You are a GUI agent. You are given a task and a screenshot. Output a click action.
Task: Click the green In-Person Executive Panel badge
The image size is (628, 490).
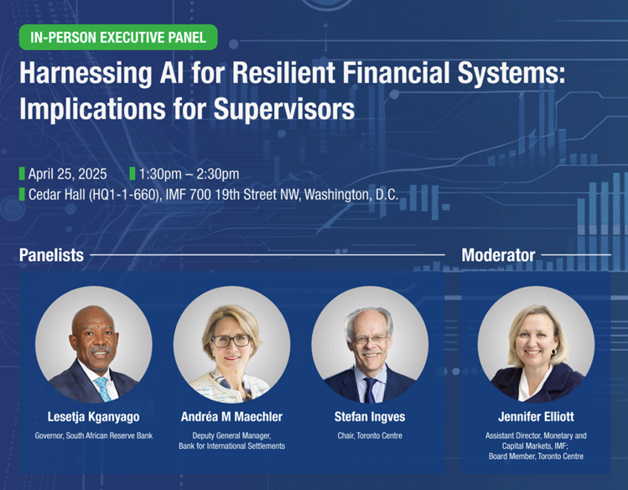click(x=118, y=37)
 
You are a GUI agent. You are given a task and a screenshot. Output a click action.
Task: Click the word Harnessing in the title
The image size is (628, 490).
click(x=86, y=74)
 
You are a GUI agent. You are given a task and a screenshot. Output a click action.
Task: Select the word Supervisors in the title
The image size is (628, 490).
click(x=284, y=108)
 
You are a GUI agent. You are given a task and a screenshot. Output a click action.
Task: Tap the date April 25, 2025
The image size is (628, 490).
click(x=67, y=174)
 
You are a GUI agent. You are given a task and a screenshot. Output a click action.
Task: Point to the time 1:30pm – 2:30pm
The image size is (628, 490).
click(x=189, y=174)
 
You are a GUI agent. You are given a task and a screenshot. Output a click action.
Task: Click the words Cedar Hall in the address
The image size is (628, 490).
click(x=56, y=195)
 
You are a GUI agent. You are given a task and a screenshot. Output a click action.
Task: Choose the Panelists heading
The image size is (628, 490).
click(x=51, y=255)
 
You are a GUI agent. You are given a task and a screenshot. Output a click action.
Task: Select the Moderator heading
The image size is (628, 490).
click(x=498, y=255)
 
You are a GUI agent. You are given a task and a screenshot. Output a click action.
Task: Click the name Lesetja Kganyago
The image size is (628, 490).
click(x=93, y=417)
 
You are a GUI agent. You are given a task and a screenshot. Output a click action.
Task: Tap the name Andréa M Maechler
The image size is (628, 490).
click(x=231, y=417)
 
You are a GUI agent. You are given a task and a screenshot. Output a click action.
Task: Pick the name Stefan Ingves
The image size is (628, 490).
click(x=370, y=417)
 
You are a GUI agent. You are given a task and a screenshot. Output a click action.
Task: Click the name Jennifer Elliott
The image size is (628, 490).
click(x=536, y=417)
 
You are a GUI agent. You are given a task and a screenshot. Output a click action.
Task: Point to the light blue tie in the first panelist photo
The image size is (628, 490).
click(x=103, y=388)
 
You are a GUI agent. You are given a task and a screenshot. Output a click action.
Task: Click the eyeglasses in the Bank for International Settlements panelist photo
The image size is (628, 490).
click(x=231, y=341)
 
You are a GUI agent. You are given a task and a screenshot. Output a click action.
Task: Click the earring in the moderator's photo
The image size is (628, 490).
click(x=554, y=352)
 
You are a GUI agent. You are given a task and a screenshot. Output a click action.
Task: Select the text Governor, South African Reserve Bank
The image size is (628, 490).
click(x=93, y=435)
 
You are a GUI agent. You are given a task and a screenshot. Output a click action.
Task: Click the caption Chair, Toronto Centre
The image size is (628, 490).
click(x=370, y=435)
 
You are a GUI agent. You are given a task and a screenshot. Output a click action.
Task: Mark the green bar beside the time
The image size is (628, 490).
click(x=132, y=174)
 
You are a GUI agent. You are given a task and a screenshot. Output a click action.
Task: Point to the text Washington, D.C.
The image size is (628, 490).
click(x=351, y=195)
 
